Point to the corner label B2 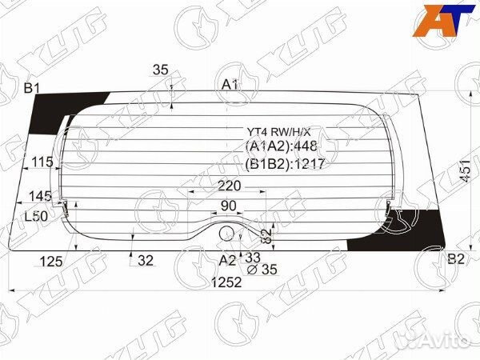(456, 258)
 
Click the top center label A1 (230, 84)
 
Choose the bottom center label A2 (227, 259)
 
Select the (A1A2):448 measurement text (281, 146)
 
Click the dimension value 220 (229, 186)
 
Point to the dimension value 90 (229, 206)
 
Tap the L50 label (35, 217)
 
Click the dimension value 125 (51, 259)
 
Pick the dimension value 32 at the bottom (145, 259)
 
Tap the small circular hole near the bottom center (228, 233)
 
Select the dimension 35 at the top (160, 70)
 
